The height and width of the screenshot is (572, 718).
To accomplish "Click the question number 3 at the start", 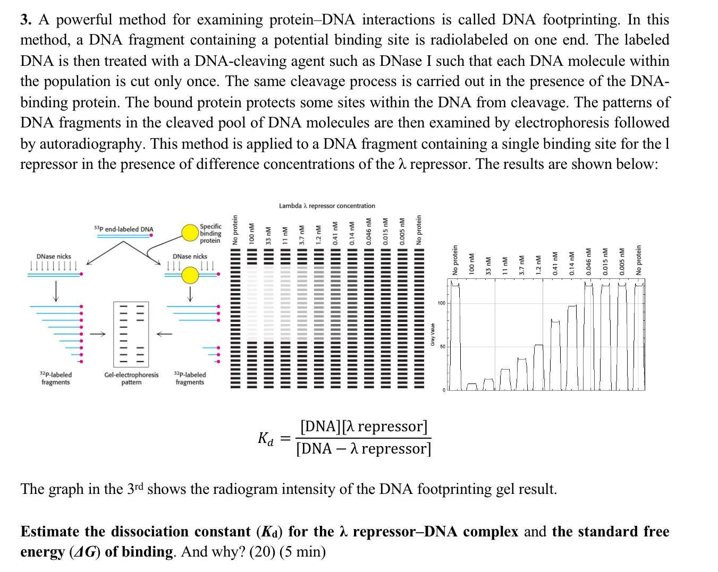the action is (x=25, y=20).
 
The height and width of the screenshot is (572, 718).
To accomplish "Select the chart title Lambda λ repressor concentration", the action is (x=327, y=206).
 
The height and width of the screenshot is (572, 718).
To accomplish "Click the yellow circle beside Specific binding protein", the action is (x=190, y=233).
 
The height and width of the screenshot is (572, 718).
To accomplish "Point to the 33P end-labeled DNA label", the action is (x=124, y=229).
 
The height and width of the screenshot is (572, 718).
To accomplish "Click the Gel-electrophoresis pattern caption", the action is (x=131, y=378).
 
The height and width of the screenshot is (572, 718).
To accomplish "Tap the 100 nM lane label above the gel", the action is (x=251, y=234).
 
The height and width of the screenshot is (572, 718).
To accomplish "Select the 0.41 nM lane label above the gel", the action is (x=335, y=234).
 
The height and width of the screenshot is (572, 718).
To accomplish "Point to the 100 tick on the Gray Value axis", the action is (x=441, y=303).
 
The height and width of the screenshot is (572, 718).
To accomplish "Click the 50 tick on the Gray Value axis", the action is (x=442, y=346).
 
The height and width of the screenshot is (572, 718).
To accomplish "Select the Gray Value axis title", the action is (x=433, y=335).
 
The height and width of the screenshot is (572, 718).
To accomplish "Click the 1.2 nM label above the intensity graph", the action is (x=538, y=263).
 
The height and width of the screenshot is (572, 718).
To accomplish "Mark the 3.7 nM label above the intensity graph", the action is (x=522, y=263).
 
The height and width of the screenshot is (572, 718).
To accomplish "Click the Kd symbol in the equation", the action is (x=265, y=439).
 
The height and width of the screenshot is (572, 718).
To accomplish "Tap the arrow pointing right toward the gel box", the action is (x=98, y=334).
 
